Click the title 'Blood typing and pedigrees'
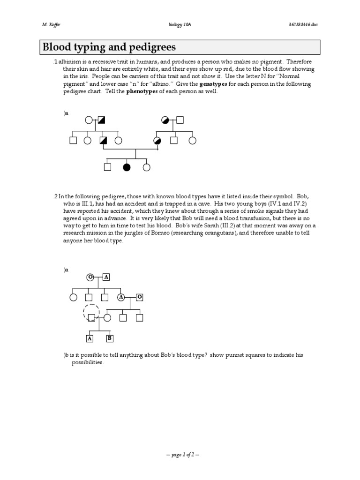(x=109, y=47)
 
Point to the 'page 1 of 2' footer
(x=180, y=455)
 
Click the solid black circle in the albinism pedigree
(x=126, y=166)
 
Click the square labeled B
(x=109, y=338)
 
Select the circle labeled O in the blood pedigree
(x=90, y=277)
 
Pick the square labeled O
(x=140, y=297)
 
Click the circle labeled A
(x=121, y=297)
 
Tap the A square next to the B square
(x=90, y=338)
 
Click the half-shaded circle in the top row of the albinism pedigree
(x=165, y=120)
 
